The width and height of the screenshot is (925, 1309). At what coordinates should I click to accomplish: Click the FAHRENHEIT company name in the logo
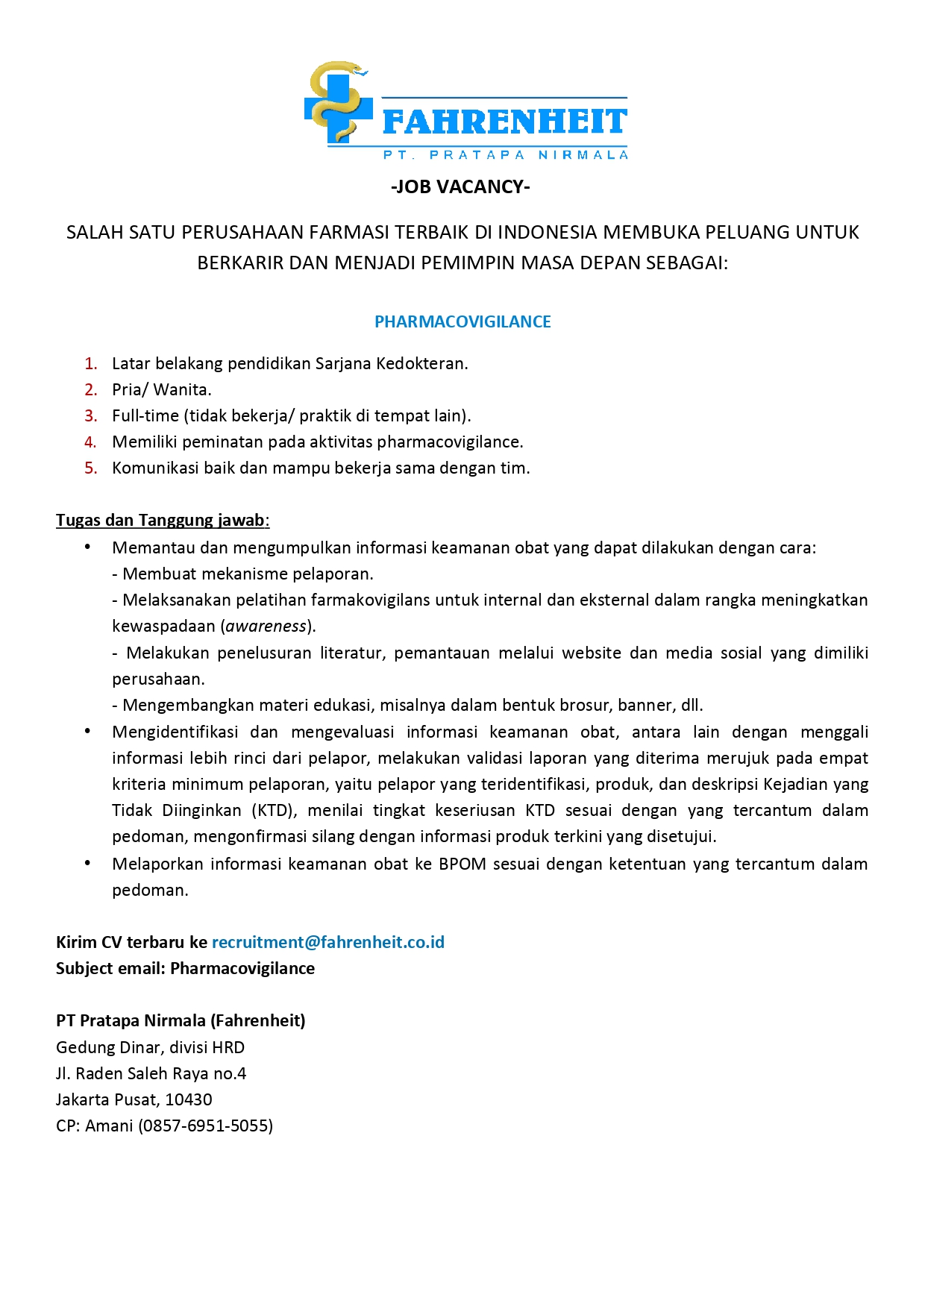pos(504,122)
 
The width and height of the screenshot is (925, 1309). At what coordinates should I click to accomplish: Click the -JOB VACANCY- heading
pos(460,186)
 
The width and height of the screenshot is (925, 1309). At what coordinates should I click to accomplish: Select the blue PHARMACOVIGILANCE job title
pos(462,321)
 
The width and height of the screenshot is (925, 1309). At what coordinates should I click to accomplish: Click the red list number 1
pos(91,364)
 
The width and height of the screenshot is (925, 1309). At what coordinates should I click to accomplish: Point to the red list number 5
pos(91,468)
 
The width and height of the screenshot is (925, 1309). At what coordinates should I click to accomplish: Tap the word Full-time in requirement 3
pos(145,416)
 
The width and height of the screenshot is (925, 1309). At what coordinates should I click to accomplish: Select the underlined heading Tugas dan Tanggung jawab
pos(160,520)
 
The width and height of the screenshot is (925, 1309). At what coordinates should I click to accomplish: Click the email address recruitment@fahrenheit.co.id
pos(328,942)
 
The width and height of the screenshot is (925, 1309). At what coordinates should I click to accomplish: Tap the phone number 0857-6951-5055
pos(205,1126)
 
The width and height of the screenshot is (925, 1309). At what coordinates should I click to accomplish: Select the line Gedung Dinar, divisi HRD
pos(150,1047)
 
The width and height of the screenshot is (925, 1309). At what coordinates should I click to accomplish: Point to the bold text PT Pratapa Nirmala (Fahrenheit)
pos(181,1020)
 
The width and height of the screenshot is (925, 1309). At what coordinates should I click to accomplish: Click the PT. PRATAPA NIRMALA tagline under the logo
pos(505,155)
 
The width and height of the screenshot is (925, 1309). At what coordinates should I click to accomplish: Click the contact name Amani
pos(109,1126)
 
